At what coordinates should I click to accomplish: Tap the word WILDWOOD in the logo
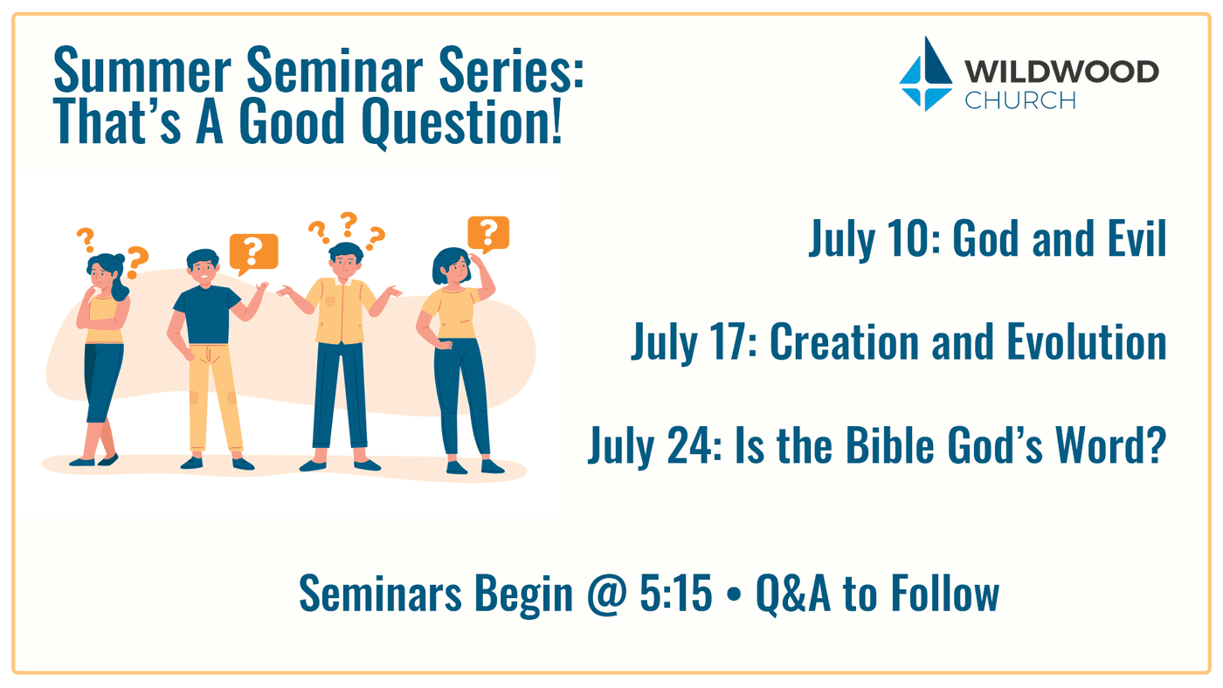tap(1061, 72)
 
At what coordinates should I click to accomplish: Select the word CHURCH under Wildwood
tap(1020, 100)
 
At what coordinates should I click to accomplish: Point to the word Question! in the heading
tap(461, 122)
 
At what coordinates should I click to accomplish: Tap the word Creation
tap(845, 342)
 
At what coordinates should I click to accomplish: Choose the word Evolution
tap(1087, 341)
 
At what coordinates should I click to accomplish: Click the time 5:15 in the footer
tap(676, 593)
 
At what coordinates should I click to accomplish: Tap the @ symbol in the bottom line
tap(606, 595)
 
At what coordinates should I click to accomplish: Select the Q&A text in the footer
tap(793, 595)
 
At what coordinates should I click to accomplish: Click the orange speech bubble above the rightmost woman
tap(488, 234)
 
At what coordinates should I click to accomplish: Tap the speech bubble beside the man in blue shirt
tap(253, 253)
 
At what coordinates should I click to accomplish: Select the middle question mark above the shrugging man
tap(349, 224)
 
